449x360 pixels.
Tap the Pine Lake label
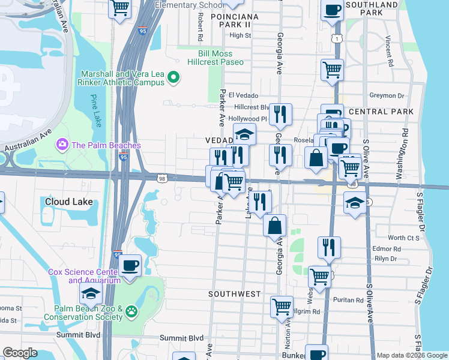click(x=96, y=110)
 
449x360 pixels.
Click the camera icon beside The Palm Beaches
click(x=61, y=145)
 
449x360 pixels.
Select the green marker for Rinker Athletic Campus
click(x=174, y=77)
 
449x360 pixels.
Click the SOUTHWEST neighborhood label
click(x=235, y=294)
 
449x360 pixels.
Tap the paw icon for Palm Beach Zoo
click(x=130, y=311)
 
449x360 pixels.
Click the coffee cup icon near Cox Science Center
click(x=130, y=265)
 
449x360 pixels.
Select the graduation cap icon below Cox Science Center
click(x=91, y=293)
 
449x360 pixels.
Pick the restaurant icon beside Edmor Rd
click(x=329, y=246)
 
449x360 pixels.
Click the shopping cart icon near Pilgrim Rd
click(x=282, y=306)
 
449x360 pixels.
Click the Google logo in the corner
click(x=20, y=353)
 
